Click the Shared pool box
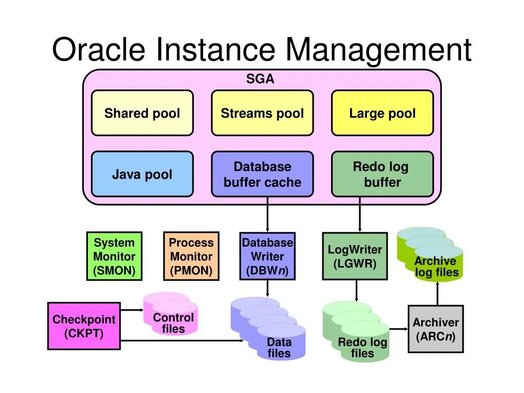pyautogui.click(x=142, y=113)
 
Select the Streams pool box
pyautogui.click(x=262, y=113)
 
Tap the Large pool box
pyautogui.click(x=382, y=113)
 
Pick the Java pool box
pyautogui.click(x=142, y=174)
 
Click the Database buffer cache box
pyautogui.click(x=262, y=174)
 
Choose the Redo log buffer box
pyautogui.click(x=382, y=174)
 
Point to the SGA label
pyautogui.click(x=260, y=79)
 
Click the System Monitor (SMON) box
pyautogui.click(x=114, y=256)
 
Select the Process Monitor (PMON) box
pyautogui.click(x=191, y=256)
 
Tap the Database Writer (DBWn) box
pyautogui.click(x=267, y=256)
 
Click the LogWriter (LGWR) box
pyautogui.click(x=355, y=256)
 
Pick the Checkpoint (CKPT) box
pyautogui.click(x=84, y=326)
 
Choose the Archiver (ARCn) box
pyautogui.click(x=435, y=329)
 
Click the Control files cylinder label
pyautogui.click(x=173, y=323)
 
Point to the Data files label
pyautogui.click(x=279, y=347)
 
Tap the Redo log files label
pyautogui.click(x=362, y=347)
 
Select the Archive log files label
pyautogui.click(x=436, y=267)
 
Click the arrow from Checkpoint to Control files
pyautogui.click(x=132, y=310)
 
